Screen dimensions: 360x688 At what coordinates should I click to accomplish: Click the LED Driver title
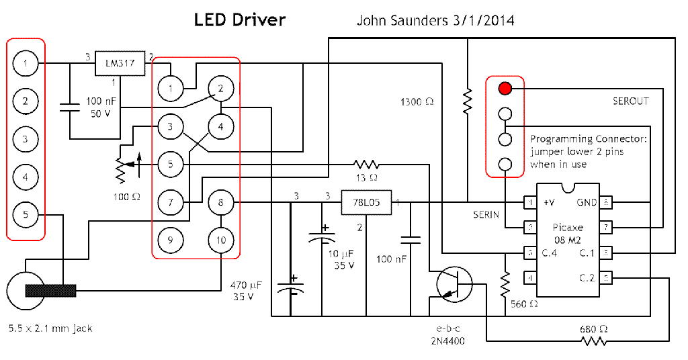[x=240, y=20]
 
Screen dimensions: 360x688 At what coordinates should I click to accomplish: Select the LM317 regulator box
[x=120, y=64]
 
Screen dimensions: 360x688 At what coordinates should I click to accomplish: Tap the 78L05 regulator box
[x=366, y=202]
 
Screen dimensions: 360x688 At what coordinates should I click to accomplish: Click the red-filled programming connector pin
[x=505, y=88]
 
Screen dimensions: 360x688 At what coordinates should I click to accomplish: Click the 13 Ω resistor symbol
[x=366, y=164]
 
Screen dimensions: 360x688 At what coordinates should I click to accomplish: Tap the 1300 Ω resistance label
[x=417, y=102]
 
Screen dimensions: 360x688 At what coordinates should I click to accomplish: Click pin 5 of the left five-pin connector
[x=26, y=215]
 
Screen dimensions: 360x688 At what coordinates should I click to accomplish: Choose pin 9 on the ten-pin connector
[x=171, y=239]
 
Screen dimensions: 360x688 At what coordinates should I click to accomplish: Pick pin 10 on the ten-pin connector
[x=221, y=239]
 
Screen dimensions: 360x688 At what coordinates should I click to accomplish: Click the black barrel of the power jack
[x=50, y=291]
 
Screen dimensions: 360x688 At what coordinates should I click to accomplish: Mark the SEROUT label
[x=630, y=101]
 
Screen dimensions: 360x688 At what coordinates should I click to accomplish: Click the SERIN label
[x=486, y=214]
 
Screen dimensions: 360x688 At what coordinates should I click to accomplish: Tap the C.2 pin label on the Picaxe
[x=588, y=277]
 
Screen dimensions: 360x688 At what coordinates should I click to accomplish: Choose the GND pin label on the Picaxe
[x=587, y=202]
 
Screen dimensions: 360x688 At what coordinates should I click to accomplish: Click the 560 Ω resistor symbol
[x=504, y=285]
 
